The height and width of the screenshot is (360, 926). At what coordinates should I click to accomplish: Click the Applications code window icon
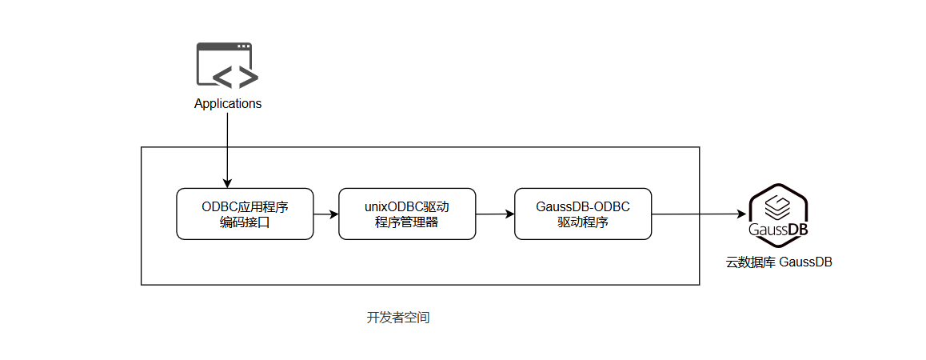[227, 65]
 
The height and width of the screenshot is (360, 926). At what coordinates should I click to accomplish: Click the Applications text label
[228, 104]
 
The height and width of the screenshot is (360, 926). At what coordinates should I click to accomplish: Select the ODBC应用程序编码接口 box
[245, 214]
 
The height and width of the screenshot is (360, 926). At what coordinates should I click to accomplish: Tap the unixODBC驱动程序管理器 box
[406, 214]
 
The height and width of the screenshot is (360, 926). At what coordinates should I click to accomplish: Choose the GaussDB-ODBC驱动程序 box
[582, 214]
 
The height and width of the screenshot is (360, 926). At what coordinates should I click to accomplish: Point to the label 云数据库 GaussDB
[778, 262]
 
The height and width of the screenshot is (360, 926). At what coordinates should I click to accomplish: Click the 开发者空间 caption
[398, 318]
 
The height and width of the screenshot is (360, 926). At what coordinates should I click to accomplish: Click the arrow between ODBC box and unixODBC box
[325, 214]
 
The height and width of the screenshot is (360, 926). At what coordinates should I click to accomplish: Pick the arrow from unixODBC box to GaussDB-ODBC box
[494, 214]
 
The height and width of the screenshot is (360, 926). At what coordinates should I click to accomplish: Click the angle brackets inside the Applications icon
[234, 76]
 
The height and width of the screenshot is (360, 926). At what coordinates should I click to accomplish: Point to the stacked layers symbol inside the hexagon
[777, 208]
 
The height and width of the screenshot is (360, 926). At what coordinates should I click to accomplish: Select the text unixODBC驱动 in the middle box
[406, 206]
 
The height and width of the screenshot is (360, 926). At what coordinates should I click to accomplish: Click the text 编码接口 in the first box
[245, 222]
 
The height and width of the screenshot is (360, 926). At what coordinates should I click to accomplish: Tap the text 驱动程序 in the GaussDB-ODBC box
[582, 222]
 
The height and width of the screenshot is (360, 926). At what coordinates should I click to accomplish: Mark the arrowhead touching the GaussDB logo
[743, 214]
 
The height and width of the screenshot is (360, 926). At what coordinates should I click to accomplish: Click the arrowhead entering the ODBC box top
[228, 183]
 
